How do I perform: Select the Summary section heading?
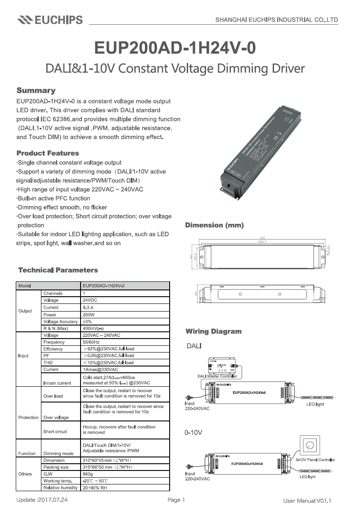click(36, 90)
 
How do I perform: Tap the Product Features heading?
click(48, 153)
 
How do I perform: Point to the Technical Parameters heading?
click(58, 270)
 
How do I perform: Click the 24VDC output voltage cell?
click(89, 300)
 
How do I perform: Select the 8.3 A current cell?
click(88, 308)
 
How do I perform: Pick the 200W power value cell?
click(88, 315)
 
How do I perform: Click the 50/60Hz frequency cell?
click(91, 342)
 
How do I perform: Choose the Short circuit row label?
click(55, 431)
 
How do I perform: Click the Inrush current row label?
click(57, 383)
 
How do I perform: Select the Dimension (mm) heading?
click(215, 225)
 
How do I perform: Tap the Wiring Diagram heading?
click(214, 331)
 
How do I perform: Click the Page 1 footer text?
click(176, 500)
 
